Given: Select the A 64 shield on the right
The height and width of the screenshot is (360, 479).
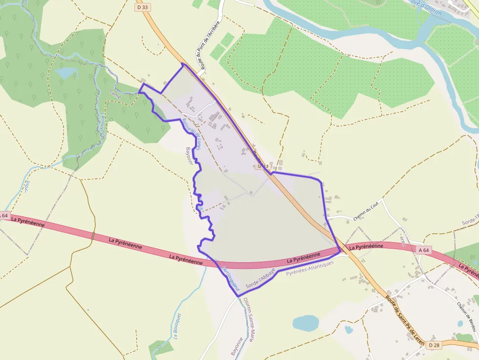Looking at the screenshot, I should [x=424, y=250].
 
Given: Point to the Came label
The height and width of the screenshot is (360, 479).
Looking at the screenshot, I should [x=115, y=92].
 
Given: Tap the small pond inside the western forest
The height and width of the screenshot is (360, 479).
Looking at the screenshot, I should [x=66, y=73].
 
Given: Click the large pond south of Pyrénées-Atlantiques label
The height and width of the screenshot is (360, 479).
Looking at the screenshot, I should [x=305, y=323].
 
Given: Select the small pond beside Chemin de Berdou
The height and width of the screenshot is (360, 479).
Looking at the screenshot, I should [x=460, y=323].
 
